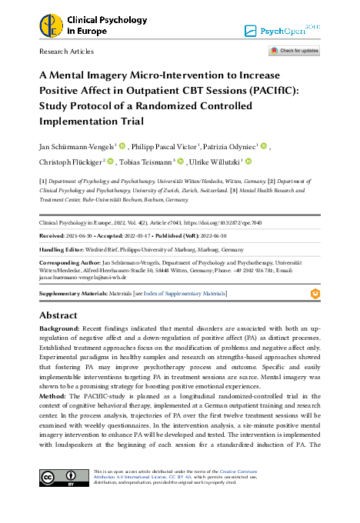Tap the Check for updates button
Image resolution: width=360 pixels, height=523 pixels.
pos(293,51)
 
